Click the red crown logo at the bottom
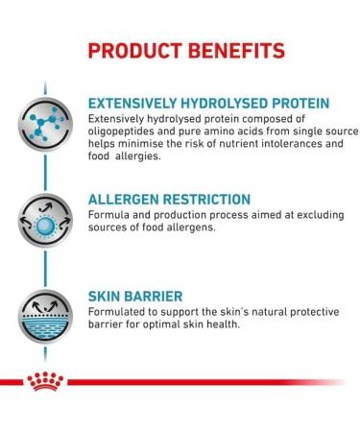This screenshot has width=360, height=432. [x=46, y=382]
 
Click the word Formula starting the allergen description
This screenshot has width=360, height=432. [x=108, y=215]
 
